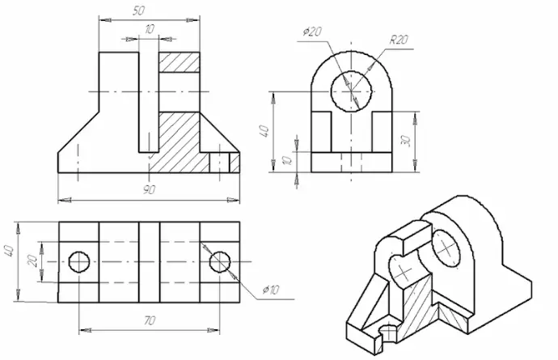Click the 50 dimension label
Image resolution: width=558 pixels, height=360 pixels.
pyautogui.click(x=139, y=11)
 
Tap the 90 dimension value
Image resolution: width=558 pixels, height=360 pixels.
pyautogui.click(x=149, y=190)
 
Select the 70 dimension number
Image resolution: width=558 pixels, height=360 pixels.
pyautogui.click(x=150, y=320)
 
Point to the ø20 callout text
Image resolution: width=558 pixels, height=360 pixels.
pyautogui.click(x=312, y=32)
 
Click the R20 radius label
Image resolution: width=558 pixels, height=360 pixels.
pyautogui.click(x=399, y=39)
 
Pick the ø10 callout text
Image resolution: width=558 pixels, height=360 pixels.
pyautogui.click(x=270, y=290)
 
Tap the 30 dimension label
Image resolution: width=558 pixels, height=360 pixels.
pyautogui.click(x=405, y=141)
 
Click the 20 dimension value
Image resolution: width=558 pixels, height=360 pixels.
pyautogui.click(x=32, y=262)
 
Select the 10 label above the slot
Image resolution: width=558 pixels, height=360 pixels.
pyautogui.click(x=150, y=29)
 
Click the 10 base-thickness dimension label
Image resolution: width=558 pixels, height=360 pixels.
pyautogui.click(x=287, y=160)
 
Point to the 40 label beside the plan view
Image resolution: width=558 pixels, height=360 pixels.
pyautogui.click(x=9, y=250)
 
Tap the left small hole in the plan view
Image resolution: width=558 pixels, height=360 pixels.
pyautogui.click(x=79, y=262)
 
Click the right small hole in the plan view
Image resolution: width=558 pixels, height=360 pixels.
pyautogui.click(x=220, y=262)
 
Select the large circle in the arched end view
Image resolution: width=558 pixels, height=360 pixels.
pyautogui.click(x=352, y=91)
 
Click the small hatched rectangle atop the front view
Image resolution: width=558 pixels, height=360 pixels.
pyautogui.click(x=180, y=62)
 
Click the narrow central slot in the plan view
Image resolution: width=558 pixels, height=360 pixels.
pyautogui.click(x=149, y=262)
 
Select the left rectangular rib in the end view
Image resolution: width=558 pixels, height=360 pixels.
pyautogui.click(x=321, y=132)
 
